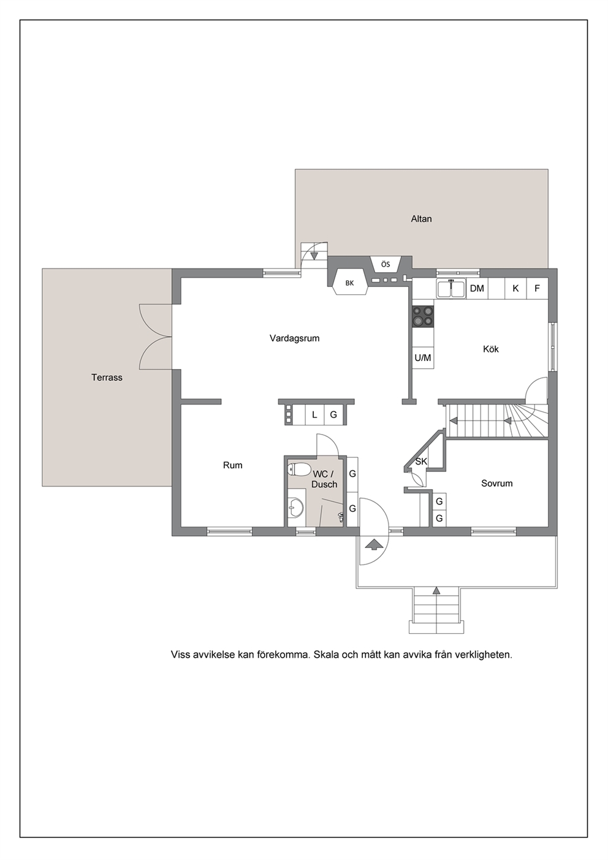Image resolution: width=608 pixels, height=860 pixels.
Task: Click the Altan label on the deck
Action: [421, 219]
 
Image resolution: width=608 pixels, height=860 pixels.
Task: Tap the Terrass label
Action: [107, 378]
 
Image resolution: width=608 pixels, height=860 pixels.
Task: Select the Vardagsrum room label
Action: [294, 338]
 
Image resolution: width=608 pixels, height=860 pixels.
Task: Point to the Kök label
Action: [491, 349]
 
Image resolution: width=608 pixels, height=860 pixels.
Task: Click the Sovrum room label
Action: [496, 484]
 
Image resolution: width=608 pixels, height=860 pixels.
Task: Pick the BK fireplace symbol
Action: [349, 283]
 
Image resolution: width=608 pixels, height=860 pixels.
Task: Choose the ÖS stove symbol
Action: [386, 264]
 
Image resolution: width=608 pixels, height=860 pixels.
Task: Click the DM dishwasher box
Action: [477, 288]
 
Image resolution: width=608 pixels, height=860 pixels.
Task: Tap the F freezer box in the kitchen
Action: [537, 288]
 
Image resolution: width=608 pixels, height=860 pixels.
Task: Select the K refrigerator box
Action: [515, 288]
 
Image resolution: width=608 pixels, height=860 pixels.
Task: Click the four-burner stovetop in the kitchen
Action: [424, 317]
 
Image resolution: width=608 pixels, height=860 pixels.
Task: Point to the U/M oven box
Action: [423, 358]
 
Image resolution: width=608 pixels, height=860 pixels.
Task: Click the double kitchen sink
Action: [451, 288]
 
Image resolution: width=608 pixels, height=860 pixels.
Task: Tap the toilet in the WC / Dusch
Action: [298, 469]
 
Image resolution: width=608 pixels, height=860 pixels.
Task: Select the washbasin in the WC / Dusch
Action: [295, 507]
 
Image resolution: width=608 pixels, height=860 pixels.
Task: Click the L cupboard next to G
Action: [315, 414]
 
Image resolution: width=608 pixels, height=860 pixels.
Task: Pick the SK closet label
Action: [421, 461]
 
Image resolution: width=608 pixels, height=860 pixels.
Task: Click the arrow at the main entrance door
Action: [373, 544]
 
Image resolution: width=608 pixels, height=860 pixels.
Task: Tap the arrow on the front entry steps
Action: [436, 590]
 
